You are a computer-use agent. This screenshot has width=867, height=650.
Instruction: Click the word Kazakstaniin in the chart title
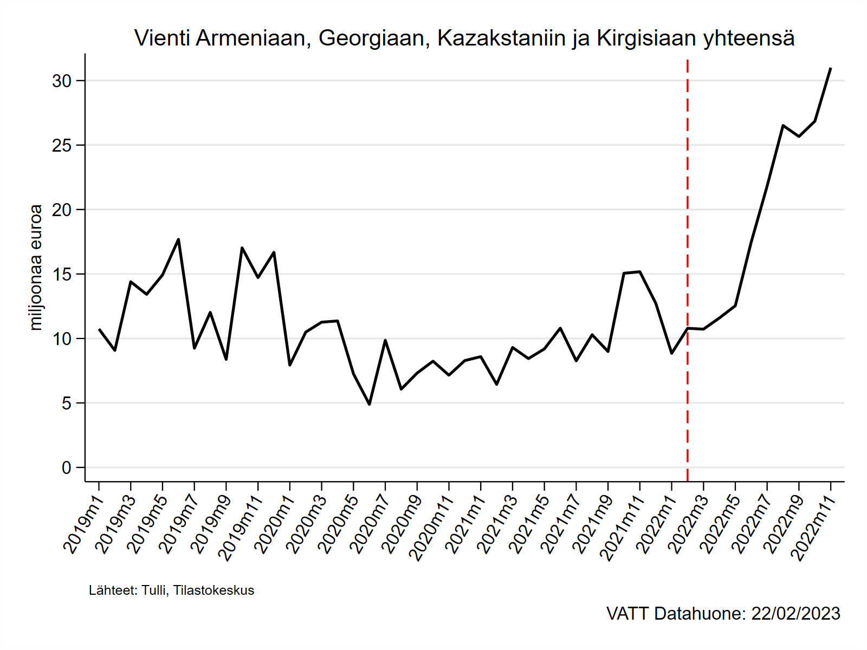point(501,38)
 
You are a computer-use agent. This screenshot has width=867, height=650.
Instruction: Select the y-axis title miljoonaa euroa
point(36,267)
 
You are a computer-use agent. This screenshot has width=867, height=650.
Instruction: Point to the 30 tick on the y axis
point(62,81)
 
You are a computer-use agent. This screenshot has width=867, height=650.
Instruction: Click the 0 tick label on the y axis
point(66,468)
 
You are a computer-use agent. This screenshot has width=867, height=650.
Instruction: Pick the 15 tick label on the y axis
point(62,275)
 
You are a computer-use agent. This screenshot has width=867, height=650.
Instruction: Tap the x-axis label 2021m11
point(621,528)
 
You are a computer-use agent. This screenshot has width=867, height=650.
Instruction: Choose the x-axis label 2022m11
point(812,528)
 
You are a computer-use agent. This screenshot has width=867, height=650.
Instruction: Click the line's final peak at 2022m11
point(830,69)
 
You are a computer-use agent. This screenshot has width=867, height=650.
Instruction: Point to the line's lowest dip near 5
point(370,404)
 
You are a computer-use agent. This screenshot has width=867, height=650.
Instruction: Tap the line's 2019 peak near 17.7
point(178,239)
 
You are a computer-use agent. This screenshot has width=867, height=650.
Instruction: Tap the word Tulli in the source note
point(154,590)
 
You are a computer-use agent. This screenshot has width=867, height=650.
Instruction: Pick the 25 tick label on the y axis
point(62,146)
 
